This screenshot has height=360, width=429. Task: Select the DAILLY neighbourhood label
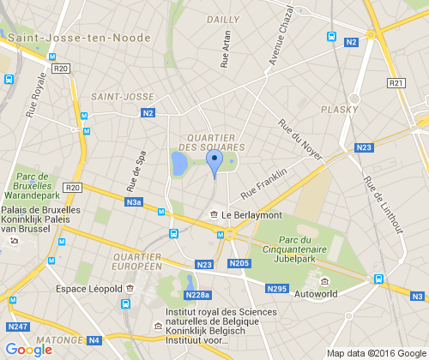(x=223, y=19)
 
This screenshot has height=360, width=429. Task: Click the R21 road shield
(x=396, y=83)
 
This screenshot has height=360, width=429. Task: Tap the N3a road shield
(x=133, y=202)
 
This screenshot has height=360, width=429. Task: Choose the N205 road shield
(x=239, y=263)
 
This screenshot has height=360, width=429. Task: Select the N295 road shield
(x=276, y=289)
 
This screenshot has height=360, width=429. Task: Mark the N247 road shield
(x=16, y=327)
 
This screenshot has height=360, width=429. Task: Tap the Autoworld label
(x=317, y=293)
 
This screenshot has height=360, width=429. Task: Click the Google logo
(x=29, y=349)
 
